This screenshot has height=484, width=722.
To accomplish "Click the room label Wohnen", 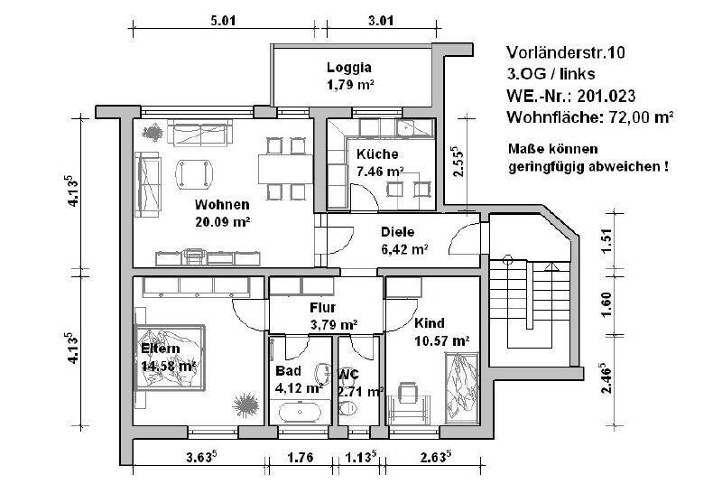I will tap(221, 204).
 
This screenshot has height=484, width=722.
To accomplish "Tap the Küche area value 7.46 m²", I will tap(380, 170).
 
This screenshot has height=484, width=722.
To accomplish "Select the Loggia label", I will tap(348, 68).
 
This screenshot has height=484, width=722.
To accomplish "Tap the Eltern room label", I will tap(161, 349).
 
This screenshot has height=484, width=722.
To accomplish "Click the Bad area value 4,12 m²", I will tap(299, 387).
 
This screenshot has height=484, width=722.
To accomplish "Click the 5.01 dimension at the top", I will tap(223, 21).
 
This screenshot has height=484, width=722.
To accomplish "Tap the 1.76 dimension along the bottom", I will tap(300, 458).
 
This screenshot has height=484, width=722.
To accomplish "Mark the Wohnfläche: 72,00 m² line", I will tap(591, 116).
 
